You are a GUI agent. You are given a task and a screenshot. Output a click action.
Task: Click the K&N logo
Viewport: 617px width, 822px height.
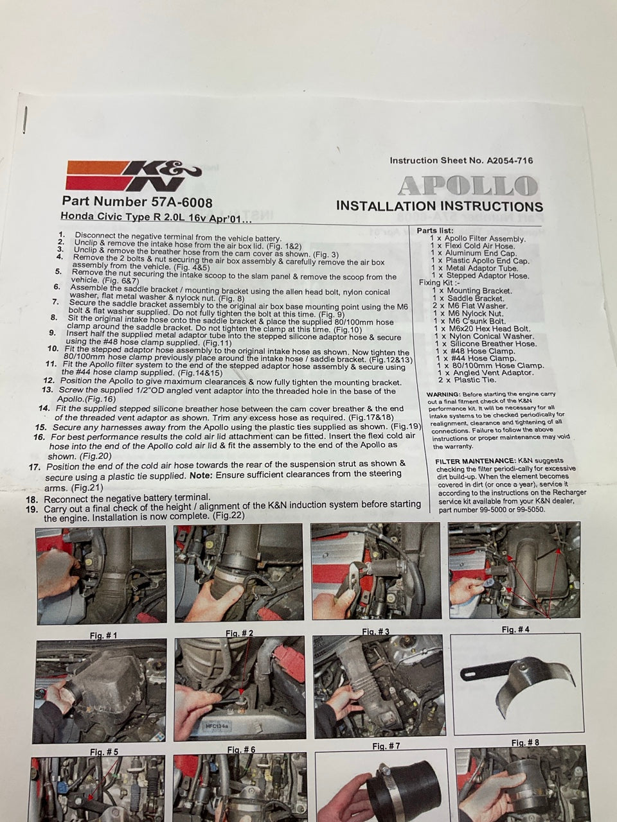(x=134, y=175)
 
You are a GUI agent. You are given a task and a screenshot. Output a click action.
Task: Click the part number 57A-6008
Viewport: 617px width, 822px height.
(x=182, y=202)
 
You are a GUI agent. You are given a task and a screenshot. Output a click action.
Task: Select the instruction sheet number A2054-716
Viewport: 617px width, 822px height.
(x=510, y=161)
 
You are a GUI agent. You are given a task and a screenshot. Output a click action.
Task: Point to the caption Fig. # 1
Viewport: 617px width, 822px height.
(x=103, y=636)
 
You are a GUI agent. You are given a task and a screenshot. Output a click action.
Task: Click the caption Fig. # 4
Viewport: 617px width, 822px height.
(x=515, y=629)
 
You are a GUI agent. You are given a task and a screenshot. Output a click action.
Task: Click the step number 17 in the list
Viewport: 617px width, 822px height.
(x=35, y=467)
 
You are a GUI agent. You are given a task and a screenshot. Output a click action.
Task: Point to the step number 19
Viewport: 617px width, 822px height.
(x=32, y=509)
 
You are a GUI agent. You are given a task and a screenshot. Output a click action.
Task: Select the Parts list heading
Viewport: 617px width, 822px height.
(x=435, y=231)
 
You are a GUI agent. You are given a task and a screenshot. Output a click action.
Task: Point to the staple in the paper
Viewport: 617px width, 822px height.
(x=25, y=120)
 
